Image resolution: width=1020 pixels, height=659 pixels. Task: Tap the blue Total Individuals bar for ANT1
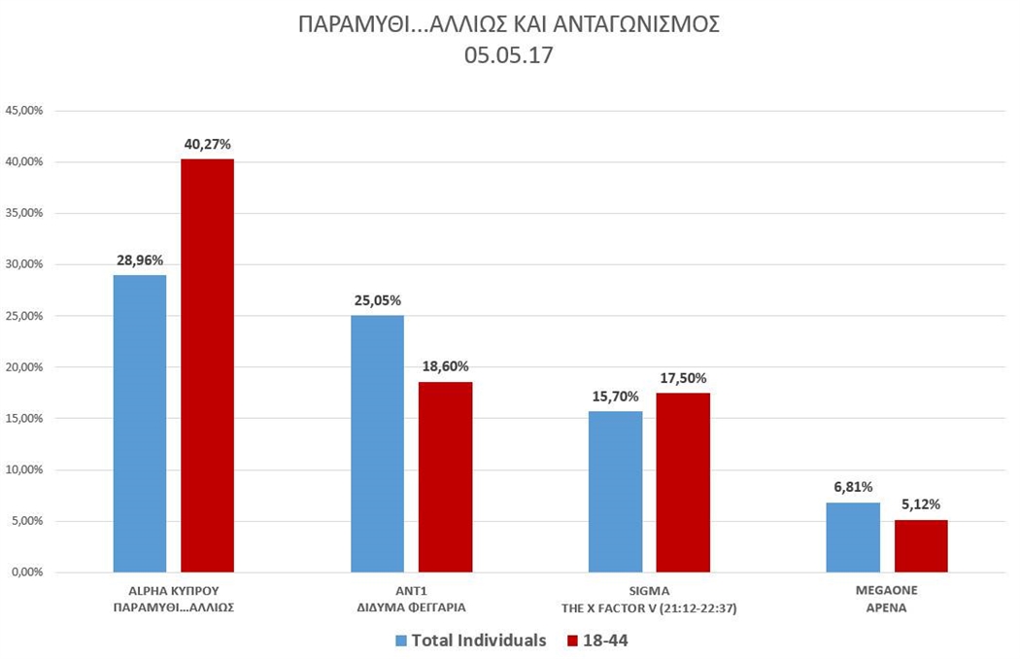377,443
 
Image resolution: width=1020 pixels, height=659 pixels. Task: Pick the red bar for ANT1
445,476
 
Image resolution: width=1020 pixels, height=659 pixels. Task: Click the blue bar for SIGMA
615,491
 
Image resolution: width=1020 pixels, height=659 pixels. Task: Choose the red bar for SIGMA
683,482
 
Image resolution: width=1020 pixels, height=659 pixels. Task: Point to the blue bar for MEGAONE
853,537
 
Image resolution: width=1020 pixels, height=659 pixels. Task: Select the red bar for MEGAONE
921,545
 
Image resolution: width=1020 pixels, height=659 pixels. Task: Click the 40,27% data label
207,144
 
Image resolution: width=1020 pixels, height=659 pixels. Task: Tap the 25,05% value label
377,300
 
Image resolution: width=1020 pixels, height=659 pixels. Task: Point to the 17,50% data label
683,378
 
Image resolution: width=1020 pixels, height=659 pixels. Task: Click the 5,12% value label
921,504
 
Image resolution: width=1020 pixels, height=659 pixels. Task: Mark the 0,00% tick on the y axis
27,572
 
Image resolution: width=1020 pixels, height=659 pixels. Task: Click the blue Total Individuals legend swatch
401,641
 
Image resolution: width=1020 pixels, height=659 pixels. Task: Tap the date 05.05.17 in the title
508,55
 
